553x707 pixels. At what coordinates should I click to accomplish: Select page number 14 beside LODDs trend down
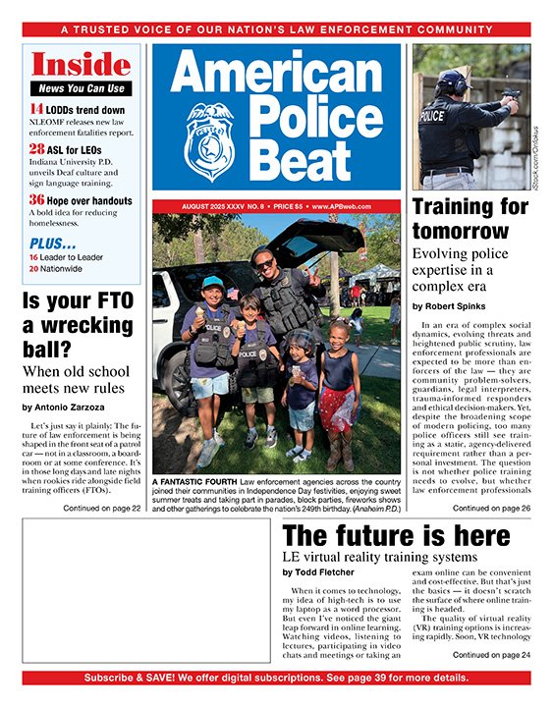[x=35, y=110]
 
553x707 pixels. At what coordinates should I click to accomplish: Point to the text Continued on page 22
[x=101, y=508]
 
